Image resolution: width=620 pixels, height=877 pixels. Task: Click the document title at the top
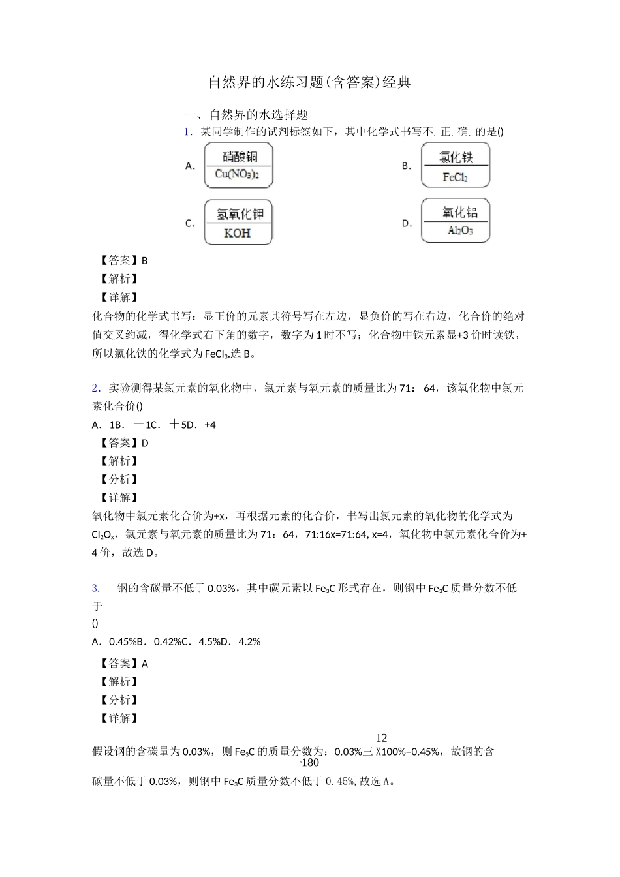309,82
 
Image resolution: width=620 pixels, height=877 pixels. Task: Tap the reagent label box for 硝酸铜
239,166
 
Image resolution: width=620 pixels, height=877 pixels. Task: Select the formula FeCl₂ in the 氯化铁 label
455,177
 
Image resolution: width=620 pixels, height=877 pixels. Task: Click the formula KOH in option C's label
238,233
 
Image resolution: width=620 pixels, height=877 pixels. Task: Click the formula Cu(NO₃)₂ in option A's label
237,175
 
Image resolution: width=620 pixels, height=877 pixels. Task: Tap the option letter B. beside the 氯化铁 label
407,166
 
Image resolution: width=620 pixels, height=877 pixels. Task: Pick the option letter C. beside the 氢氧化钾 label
190,223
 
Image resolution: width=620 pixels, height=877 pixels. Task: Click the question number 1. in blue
188,131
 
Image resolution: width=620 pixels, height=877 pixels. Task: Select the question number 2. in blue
96,388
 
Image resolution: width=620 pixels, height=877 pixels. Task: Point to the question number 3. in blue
96,588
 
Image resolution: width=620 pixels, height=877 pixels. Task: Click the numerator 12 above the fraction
382,738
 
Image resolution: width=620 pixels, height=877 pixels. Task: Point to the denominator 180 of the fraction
311,763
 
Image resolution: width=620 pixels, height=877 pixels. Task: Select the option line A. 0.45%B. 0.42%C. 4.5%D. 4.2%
177,641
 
